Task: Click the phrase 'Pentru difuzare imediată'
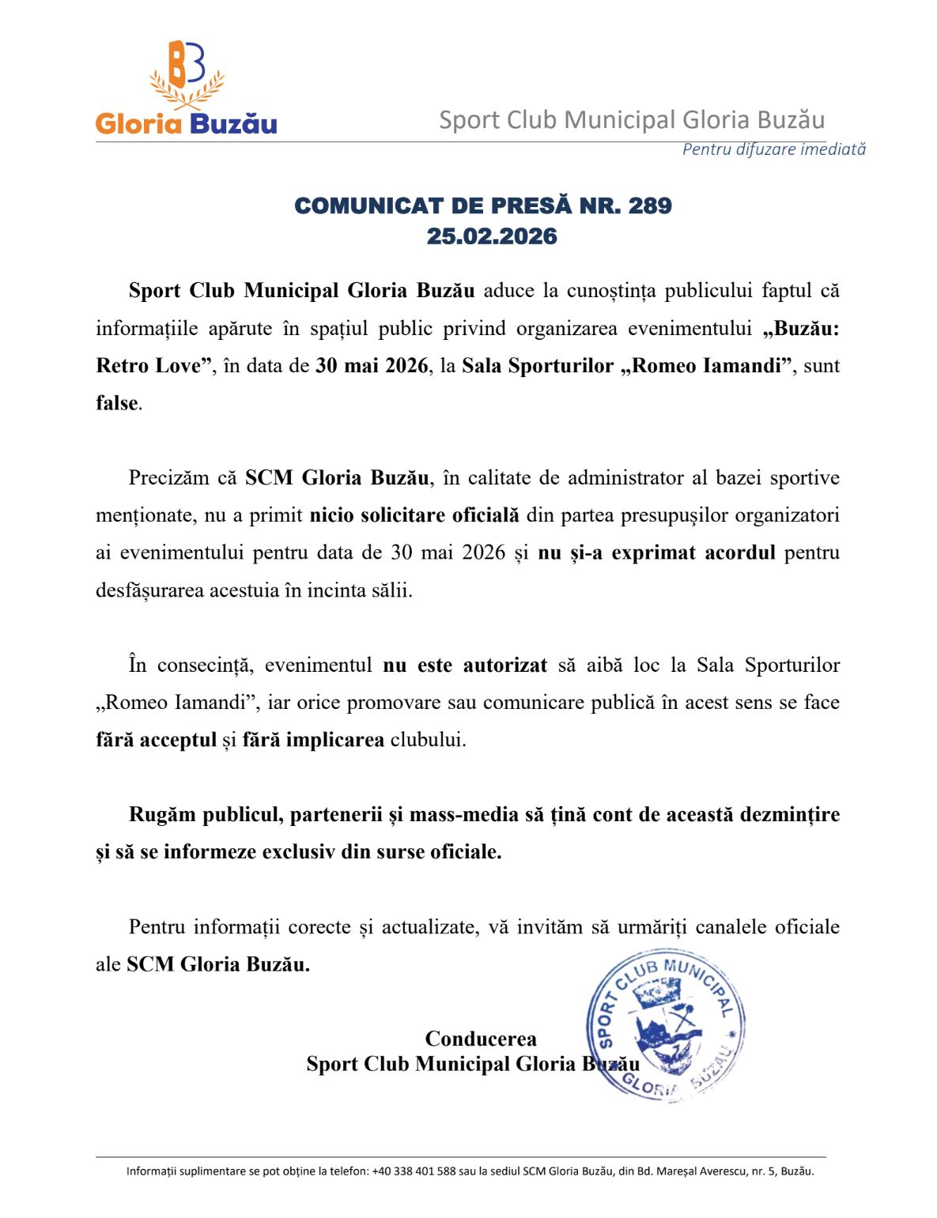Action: [773, 149]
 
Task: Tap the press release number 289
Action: [649, 206]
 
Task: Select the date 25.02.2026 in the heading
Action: [492, 236]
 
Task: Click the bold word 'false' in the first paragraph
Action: [117, 403]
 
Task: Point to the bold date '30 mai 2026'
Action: [372, 366]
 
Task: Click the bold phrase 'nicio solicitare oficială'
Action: [414, 515]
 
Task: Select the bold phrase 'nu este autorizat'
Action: [465, 666]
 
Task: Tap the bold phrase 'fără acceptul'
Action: [156, 740]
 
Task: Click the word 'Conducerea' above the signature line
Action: [481, 1039]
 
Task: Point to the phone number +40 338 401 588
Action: [414, 1171]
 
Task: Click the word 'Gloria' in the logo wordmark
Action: [139, 123]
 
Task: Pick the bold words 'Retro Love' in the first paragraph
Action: [149, 366]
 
